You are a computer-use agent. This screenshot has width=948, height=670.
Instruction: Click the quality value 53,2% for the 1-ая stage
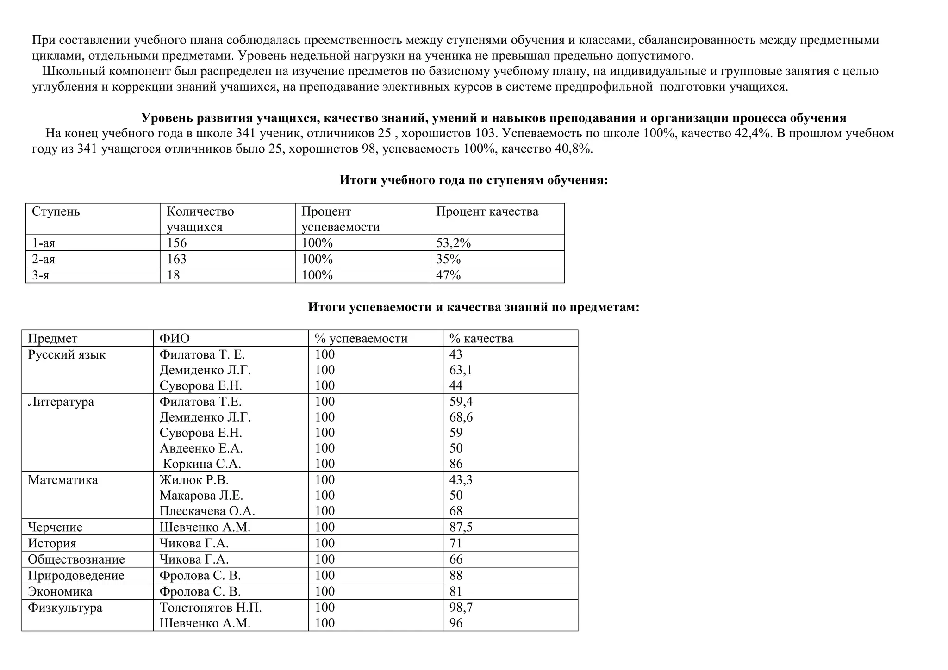click(453, 243)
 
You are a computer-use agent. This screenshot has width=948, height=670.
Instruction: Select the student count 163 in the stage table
click(176, 259)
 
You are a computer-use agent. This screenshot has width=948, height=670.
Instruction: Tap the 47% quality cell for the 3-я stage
click(448, 275)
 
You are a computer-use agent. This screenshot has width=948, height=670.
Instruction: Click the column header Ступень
click(56, 212)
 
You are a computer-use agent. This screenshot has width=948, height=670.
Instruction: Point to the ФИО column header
click(175, 339)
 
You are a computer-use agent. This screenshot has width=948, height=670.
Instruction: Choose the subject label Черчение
click(55, 527)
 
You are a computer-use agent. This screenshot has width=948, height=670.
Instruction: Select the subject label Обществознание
click(76, 559)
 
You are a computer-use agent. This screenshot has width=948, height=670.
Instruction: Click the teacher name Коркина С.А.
click(202, 464)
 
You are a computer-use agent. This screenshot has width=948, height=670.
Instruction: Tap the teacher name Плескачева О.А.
click(207, 511)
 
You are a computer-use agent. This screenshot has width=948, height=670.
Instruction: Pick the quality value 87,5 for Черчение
click(461, 527)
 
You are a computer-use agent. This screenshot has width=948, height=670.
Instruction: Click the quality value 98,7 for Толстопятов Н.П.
click(461, 608)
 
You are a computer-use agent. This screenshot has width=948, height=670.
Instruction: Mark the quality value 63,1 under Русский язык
click(461, 370)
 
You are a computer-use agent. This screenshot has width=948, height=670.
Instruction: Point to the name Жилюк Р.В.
click(194, 480)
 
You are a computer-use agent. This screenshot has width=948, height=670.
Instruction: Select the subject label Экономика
click(60, 592)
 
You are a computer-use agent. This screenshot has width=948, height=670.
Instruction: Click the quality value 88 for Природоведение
click(456, 576)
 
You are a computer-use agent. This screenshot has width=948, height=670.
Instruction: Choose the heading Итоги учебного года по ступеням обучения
click(474, 180)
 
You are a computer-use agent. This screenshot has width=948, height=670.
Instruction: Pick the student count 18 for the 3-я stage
click(173, 275)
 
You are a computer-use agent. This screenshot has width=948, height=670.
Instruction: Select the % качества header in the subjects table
click(481, 339)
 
